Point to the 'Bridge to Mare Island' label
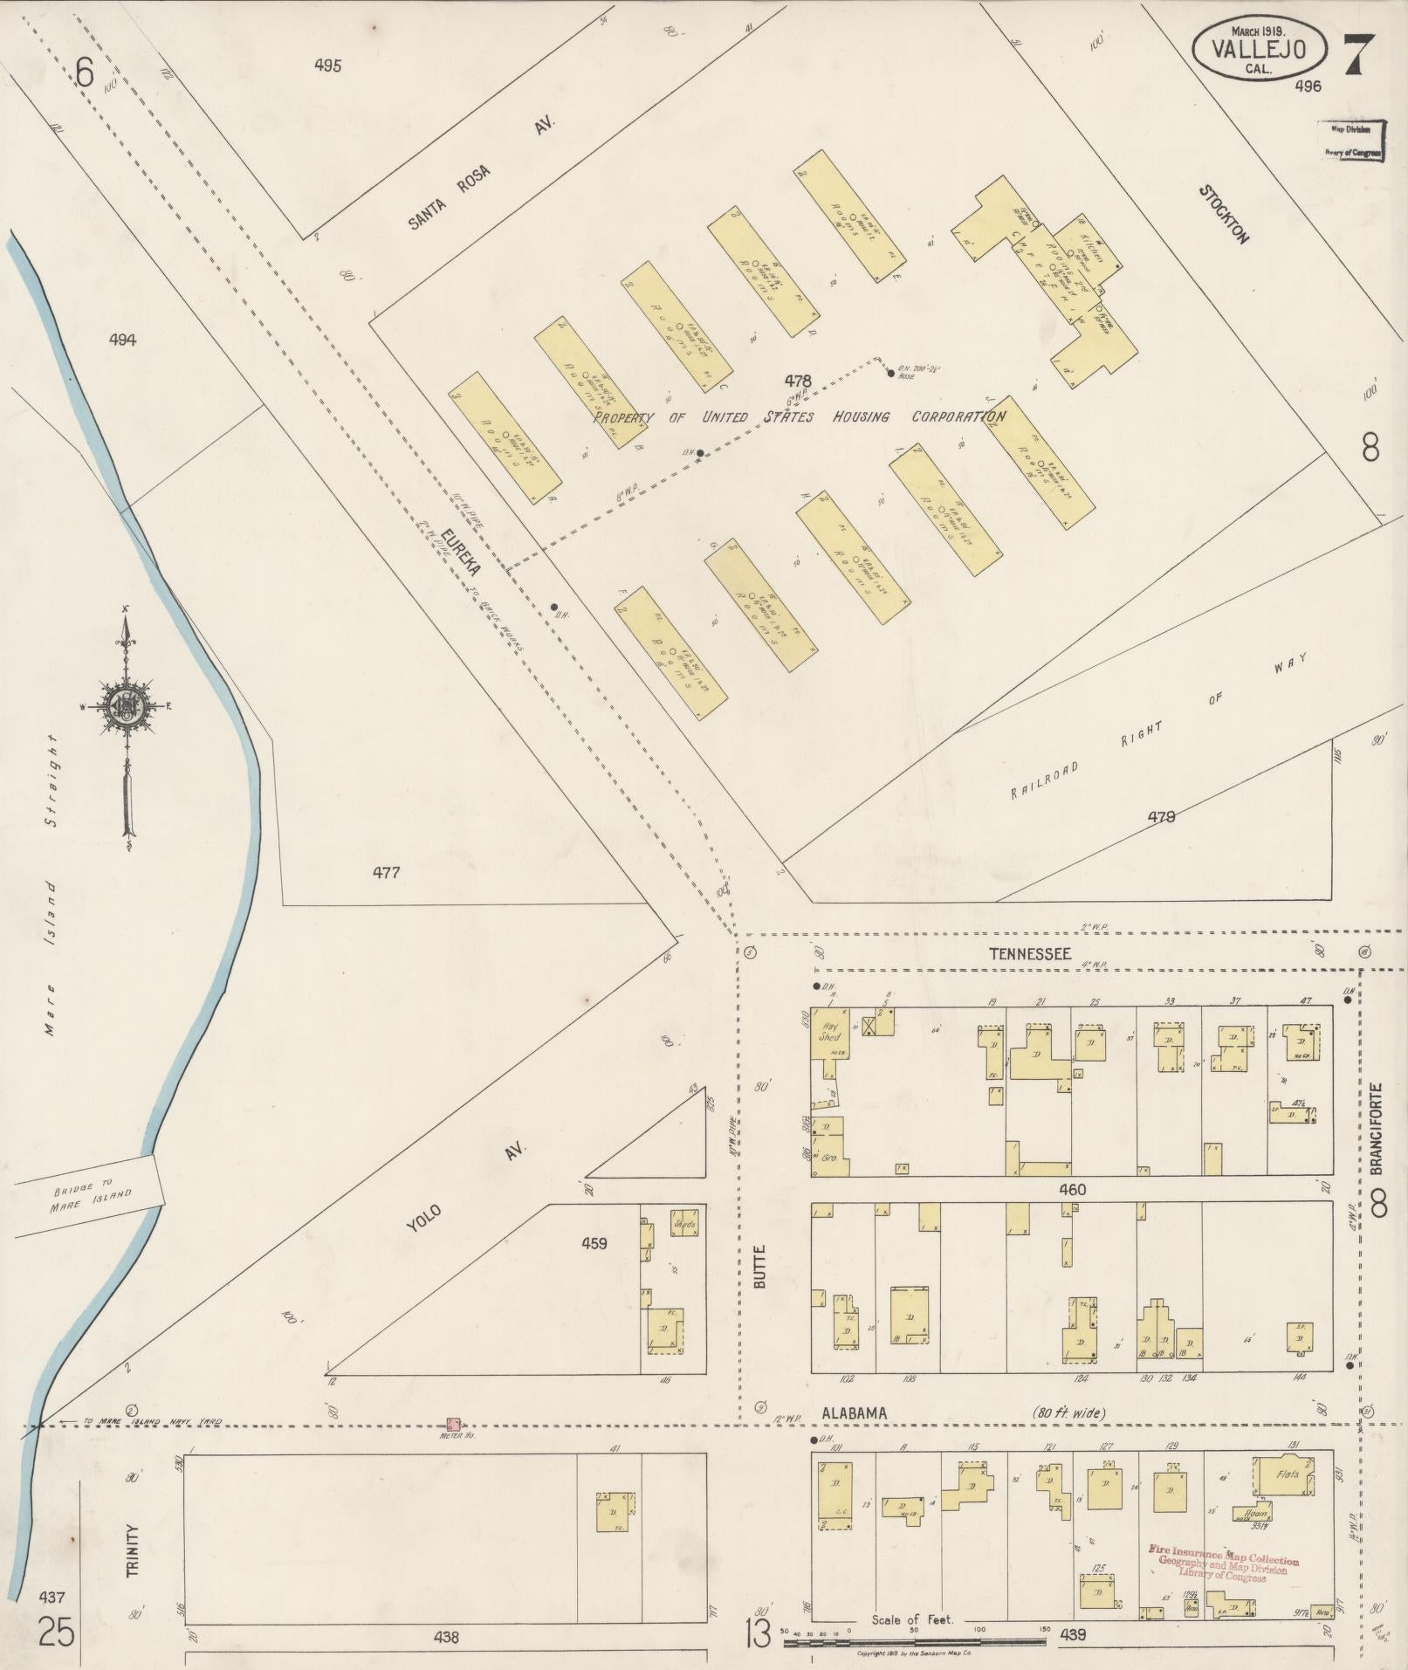[86, 1194]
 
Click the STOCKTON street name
[1224, 213]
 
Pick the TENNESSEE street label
[1029, 954]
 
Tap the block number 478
[797, 381]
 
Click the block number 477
[385, 872]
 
